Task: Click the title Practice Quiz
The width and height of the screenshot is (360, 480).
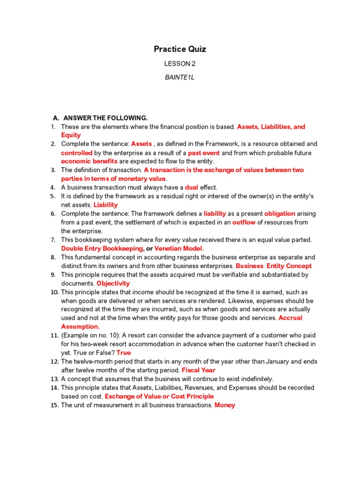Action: click(180, 49)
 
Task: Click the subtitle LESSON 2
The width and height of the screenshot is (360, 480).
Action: click(180, 64)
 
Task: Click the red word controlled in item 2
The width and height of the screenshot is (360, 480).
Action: click(77, 153)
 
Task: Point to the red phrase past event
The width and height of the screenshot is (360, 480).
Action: click(204, 153)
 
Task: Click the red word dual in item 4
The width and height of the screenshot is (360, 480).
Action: click(192, 187)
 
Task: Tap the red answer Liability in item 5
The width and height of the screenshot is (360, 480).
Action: click(105, 205)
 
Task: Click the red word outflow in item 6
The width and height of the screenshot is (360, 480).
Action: click(243, 222)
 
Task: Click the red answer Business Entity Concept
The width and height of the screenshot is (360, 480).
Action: click(274, 266)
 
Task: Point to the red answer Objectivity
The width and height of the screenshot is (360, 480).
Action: click(113, 283)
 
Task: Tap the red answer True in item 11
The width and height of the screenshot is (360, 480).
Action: click(123, 352)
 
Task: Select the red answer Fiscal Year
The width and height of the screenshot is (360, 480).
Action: click(198, 370)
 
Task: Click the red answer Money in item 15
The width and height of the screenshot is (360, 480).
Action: click(225, 405)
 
